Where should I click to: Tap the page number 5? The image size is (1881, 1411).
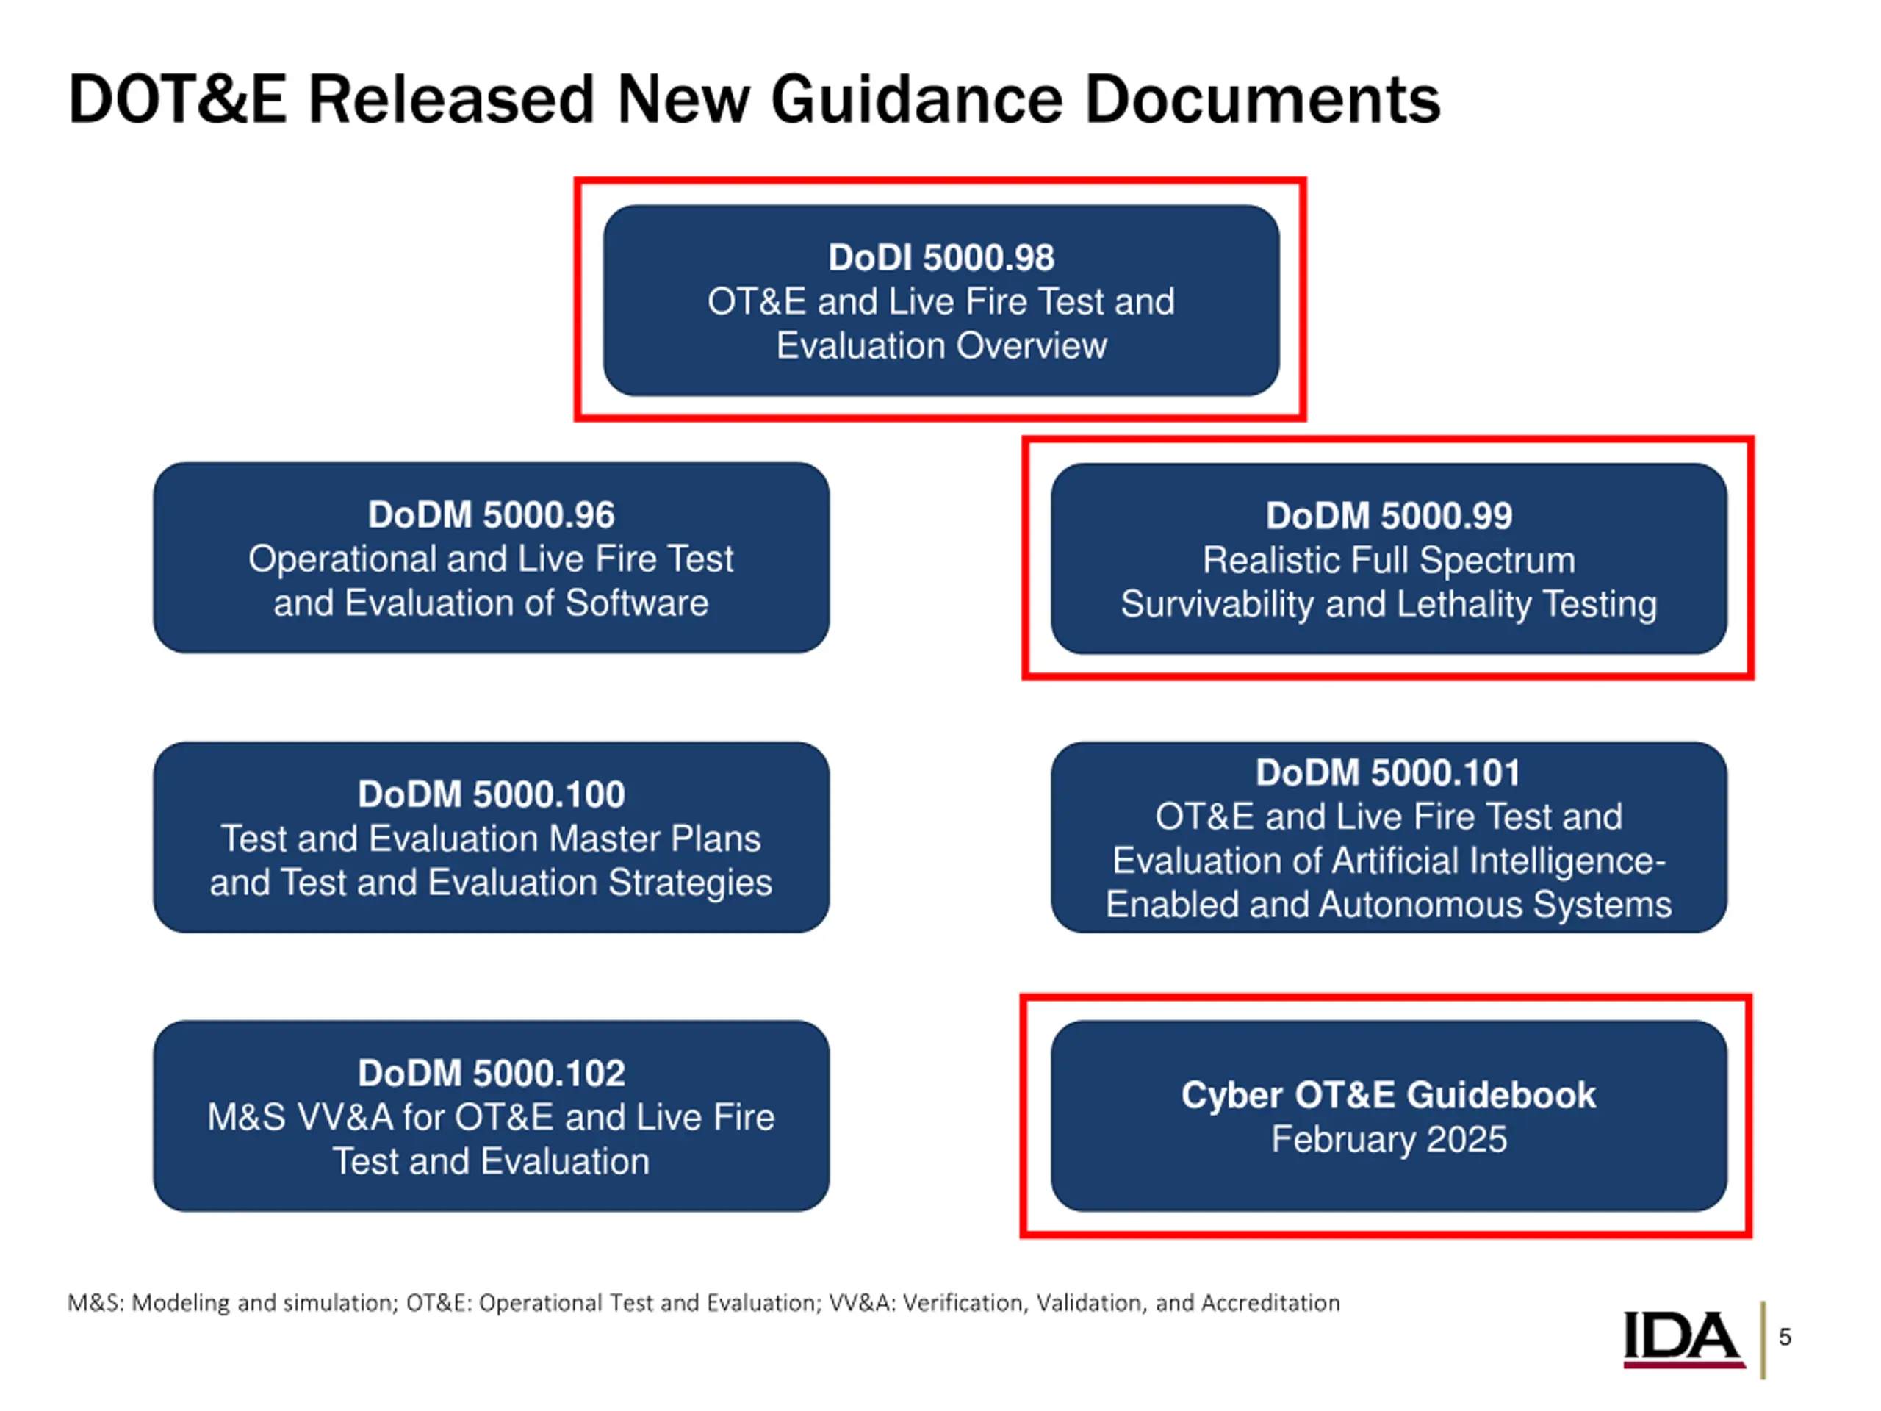[1785, 1337]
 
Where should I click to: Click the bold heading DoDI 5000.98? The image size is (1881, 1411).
[940, 258]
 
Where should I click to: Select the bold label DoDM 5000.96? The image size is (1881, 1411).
[491, 514]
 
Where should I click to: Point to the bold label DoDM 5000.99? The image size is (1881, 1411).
[1389, 515]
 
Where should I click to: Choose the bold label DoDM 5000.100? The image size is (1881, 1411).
[491, 794]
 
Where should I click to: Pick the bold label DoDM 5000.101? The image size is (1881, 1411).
[1389, 772]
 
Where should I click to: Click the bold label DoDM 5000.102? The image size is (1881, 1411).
[491, 1074]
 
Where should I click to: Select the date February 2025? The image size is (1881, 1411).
[1389, 1140]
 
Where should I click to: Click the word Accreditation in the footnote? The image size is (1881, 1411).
[1270, 1303]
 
